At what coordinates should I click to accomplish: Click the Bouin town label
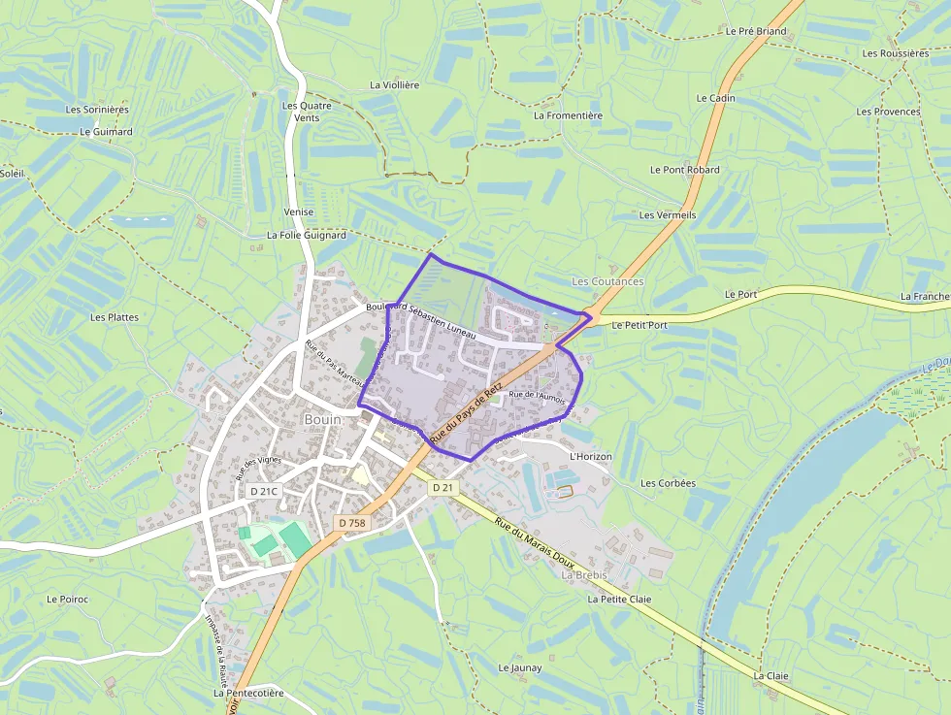pos(323,420)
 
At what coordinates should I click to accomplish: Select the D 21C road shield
pos(264,491)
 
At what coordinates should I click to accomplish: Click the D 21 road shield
pos(443,487)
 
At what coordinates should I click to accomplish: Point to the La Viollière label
pos(395,85)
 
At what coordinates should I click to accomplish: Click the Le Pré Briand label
pos(756,31)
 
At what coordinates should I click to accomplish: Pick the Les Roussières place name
pos(895,53)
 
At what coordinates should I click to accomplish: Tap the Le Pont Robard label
pos(685,170)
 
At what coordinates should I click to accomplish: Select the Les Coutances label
pos(607,281)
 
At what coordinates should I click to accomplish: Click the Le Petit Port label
pos(640,325)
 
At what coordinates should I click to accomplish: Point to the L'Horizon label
pos(592,455)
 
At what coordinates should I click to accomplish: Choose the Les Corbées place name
pos(668,483)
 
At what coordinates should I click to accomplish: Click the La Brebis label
pos(584,575)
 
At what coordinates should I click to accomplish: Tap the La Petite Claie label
pos(619,600)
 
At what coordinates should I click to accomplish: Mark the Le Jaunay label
pos(520,668)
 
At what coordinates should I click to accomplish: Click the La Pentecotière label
pos(248,694)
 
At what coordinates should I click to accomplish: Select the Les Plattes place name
pos(115,317)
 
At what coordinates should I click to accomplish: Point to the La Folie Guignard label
pos(307,236)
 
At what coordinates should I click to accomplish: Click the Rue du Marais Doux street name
pos(535,543)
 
